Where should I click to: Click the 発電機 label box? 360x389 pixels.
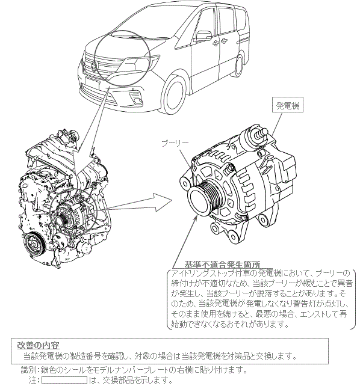coord(287,106)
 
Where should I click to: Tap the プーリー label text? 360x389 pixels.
coord(175,143)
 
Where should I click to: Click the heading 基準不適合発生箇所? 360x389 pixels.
coord(222,265)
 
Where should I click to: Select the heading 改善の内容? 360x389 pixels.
coord(38,345)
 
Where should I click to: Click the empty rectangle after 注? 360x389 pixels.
coord(64,380)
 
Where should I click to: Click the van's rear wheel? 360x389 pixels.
coord(240,65)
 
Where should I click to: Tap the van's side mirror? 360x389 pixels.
coord(203,36)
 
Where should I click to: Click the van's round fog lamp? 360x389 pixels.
coord(137,100)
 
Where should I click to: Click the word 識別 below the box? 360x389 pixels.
coord(27,370)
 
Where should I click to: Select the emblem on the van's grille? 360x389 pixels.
coord(94,66)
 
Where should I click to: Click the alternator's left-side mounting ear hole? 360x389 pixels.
coord(185,184)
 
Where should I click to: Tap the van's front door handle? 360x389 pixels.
coord(216,43)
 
